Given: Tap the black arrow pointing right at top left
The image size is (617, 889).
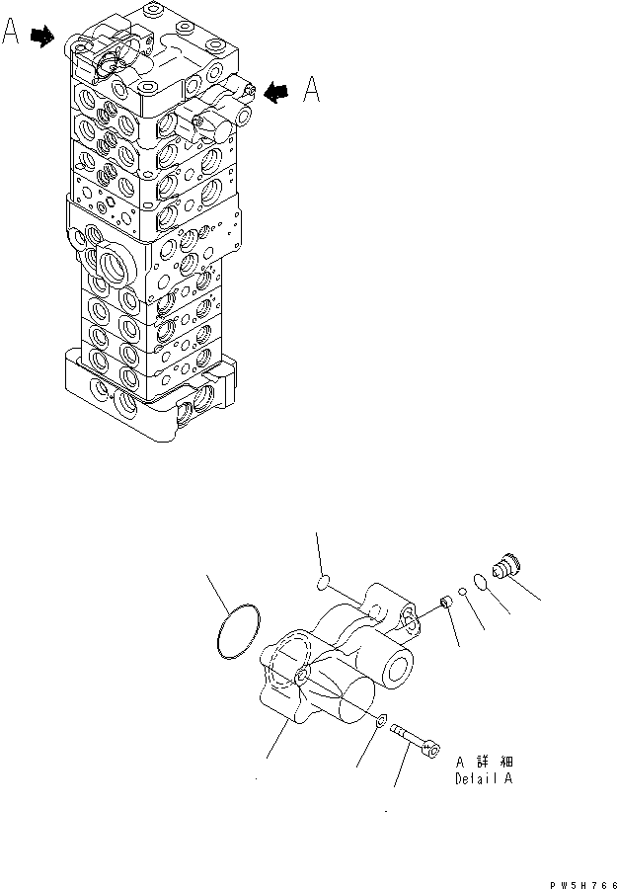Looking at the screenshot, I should pyautogui.click(x=42, y=37).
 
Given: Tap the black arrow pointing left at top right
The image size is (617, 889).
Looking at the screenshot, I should pyautogui.click(x=277, y=92).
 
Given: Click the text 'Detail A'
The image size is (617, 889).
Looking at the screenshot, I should pyautogui.click(x=484, y=778).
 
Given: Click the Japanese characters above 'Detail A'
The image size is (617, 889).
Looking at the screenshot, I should pyautogui.click(x=485, y=762).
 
